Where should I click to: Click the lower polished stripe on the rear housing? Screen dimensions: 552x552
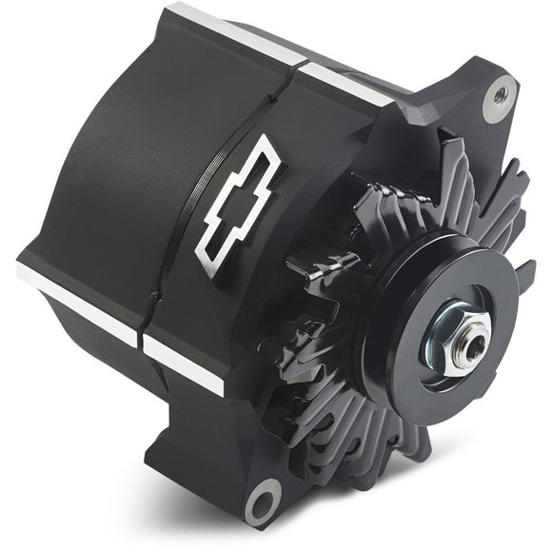(76, 302)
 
